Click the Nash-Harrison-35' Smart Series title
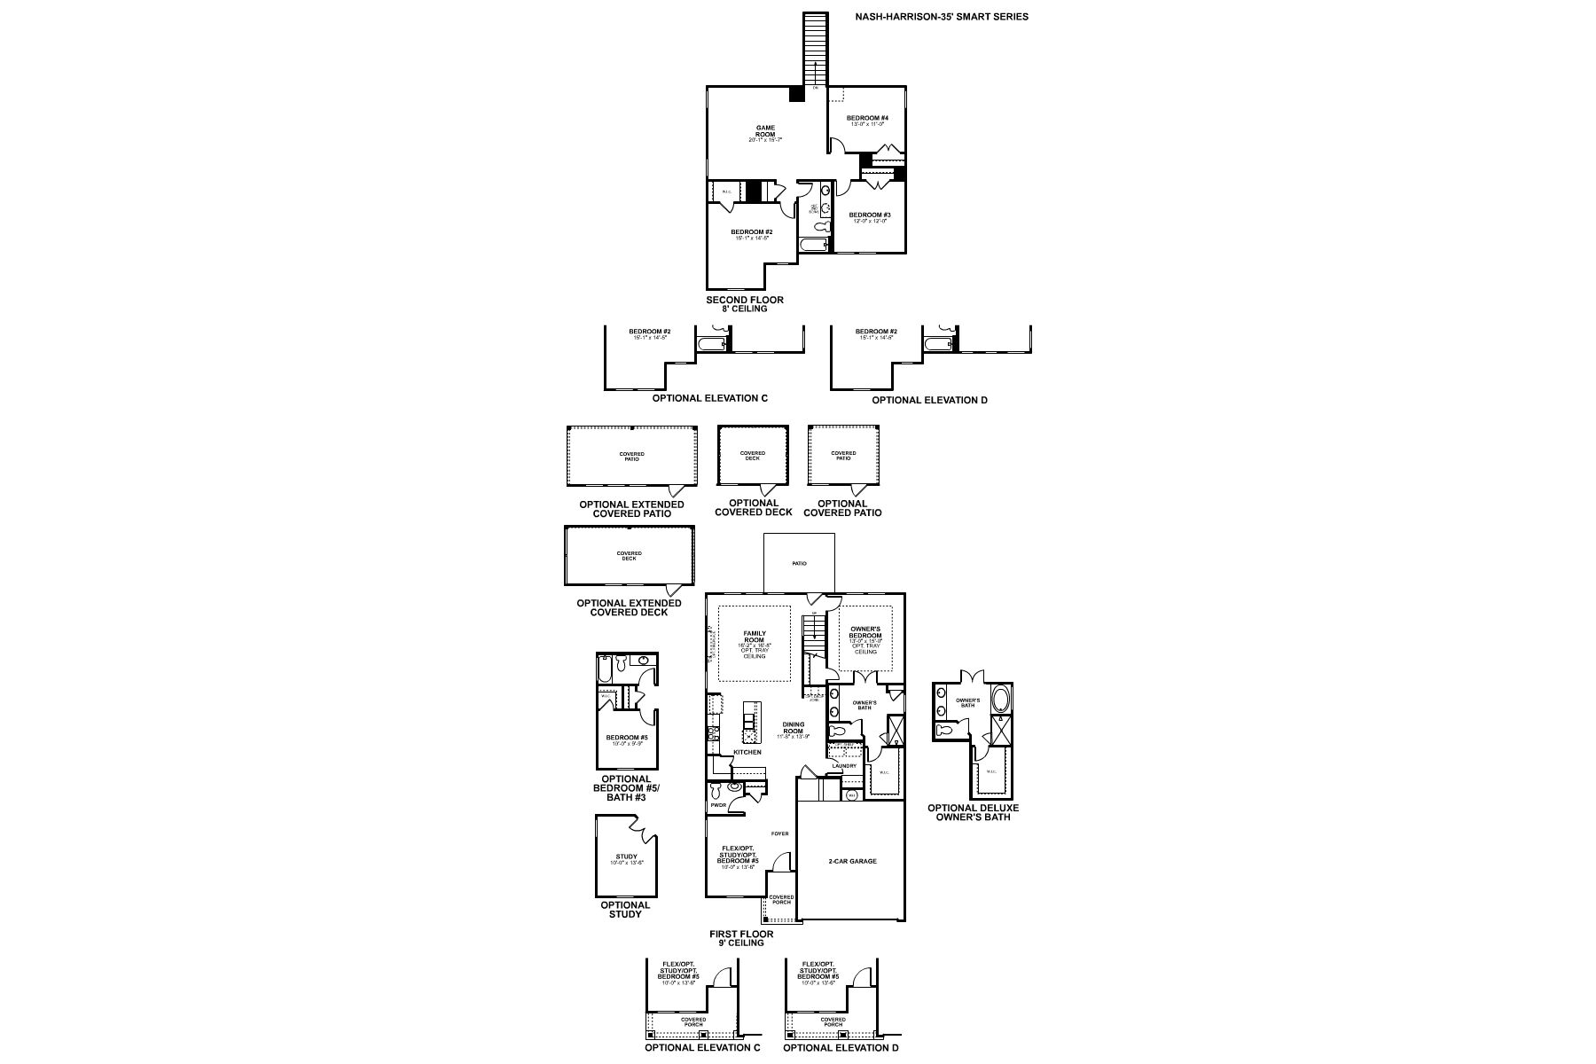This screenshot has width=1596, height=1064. coord(942,16)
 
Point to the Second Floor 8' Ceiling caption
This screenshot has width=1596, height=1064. coord(745,304)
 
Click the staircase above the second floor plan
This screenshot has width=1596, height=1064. coord(815,49)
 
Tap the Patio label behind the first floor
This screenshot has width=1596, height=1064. coord(799,563)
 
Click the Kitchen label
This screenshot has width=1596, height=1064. coord(747,752)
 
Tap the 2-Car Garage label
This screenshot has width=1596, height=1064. coord(852,861)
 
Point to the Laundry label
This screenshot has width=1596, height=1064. coord(844,766)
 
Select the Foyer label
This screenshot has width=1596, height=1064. coord(779,833)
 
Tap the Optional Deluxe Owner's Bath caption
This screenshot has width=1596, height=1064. coord(973,812)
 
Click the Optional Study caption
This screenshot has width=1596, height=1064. coord(625,910)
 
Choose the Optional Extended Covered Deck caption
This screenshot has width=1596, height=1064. coord(629,607)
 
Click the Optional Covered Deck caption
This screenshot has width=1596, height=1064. coord(754,507)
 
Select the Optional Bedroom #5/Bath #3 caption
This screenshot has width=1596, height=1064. coord(626,788)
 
